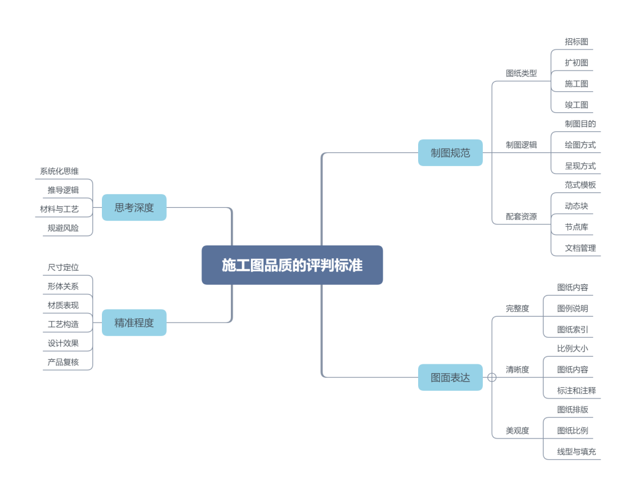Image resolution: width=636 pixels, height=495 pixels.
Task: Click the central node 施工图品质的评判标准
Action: pyautogui.click(x=292, y=265)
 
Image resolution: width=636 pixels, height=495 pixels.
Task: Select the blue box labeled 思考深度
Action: pyautogui.click(x=134, y=207)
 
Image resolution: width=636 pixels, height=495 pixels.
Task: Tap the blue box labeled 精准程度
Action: pyautogui.click(x=134, y=323)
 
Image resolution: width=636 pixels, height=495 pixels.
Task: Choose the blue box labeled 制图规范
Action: pyautogui.click(x=450, y=152)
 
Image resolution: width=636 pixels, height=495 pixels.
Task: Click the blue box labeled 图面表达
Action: pyautogui.click(x=450, y=377)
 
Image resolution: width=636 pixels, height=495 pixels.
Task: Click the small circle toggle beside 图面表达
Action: pyautogui.click(x=492, y=377)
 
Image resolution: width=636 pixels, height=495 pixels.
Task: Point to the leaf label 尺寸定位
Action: pyautogui.click(x=63, y=267)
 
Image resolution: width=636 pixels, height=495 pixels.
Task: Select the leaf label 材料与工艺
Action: pyautogui.click(x=59, y=208)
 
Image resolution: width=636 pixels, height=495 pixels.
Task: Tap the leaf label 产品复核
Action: pyautogui.click(x=63, y=362)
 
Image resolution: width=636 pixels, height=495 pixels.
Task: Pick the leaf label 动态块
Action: pyautogui.click(x=577, y=206)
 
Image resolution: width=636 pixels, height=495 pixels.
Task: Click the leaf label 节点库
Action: pyautogui.click(x=577, y=227)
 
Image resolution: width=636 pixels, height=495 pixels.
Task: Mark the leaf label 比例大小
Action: pyautogui.click(x=572, y=348)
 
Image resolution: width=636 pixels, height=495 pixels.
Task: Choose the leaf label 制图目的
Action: pyautogui.click(x=580, y=124)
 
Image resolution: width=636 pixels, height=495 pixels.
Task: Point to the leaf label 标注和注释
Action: pyautogui.click(x=577, y=390)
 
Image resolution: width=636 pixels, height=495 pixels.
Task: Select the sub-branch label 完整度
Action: pyautogui.click(x=518, y=308)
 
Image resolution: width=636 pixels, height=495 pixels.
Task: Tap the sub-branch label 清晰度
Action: pyautogui.click(x=518, y=370)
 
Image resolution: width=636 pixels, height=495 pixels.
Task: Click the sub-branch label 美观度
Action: pyautogui.click(x=518, y=431)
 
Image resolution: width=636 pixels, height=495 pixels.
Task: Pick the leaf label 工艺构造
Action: pyautogui.click(x=63, y=324)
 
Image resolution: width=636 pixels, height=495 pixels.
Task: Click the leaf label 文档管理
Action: pyautogui.click(x=580, y=248)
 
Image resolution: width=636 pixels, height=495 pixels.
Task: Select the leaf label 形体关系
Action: pyautogui.click(x=63, y=286)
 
